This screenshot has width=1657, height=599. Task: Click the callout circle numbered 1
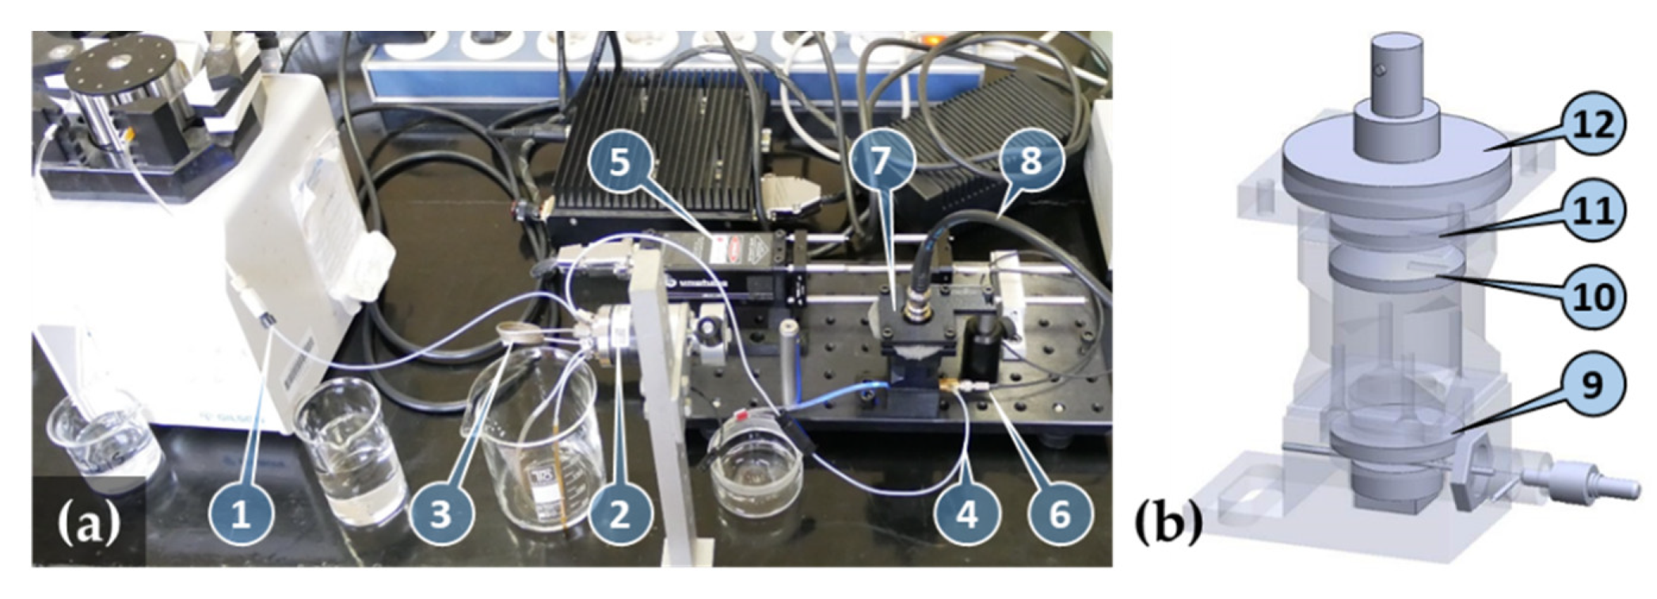point(242,516)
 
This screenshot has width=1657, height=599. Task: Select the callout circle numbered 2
point(620,516)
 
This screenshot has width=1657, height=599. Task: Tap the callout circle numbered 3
point(441,516)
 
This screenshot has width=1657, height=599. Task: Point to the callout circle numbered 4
point(967,516)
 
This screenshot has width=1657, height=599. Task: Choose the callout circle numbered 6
point(1060,516)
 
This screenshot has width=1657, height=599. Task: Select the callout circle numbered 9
point(1592,386)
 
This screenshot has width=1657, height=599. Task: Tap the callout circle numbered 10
point(1594,296)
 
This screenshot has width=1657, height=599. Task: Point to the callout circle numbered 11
point(1594,211)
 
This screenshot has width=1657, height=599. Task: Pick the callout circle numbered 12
point(1594,124)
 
